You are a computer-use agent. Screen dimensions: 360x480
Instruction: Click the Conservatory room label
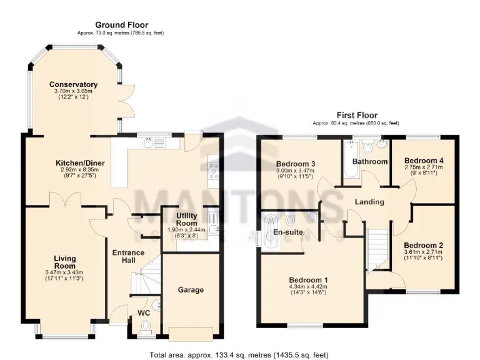[73, 84]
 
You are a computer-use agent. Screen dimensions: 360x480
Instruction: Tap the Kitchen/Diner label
[77, 163]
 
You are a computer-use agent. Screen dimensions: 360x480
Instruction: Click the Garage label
[191, 289]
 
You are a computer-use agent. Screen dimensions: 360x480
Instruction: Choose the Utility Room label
[184, 219]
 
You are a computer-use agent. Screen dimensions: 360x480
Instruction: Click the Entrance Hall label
[127, 257]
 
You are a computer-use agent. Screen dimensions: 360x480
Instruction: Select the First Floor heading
[355, 115]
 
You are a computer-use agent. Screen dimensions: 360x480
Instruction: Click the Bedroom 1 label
[307, 279]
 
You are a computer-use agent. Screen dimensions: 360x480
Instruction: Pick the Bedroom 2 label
[423, 245]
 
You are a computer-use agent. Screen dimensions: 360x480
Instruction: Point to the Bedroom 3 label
[296, 164]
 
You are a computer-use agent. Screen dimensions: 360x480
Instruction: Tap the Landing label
[369, 202]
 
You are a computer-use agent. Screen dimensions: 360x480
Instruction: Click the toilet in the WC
[146, 326]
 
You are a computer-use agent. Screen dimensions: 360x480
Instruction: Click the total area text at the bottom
[239, 354]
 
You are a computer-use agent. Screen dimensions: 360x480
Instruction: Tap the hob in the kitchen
[213, 167]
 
